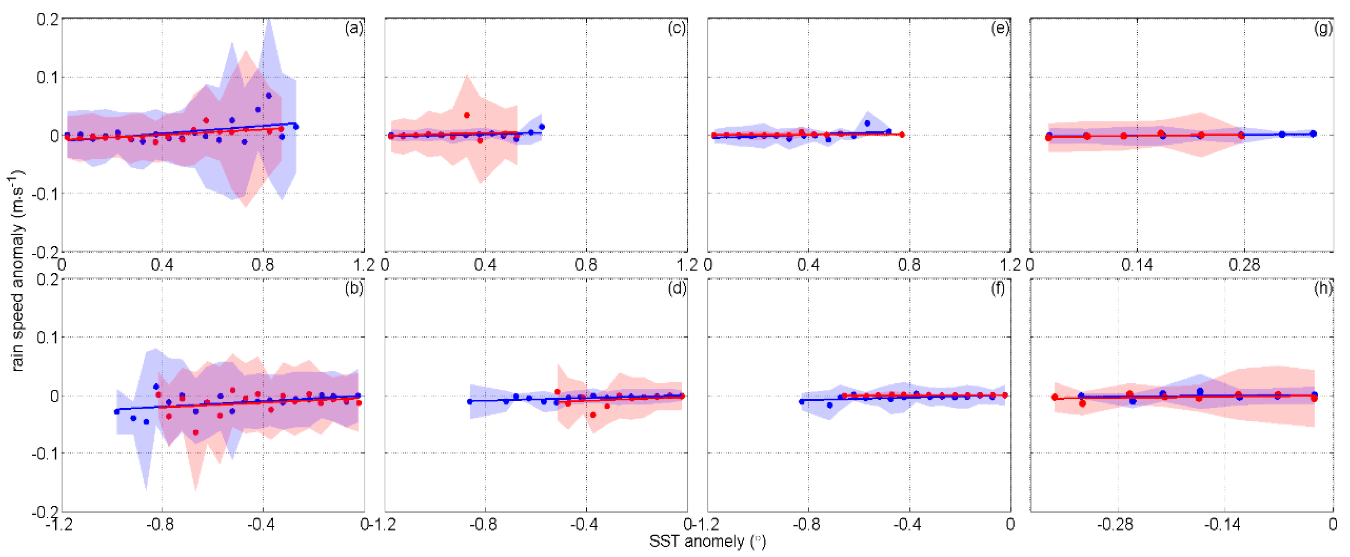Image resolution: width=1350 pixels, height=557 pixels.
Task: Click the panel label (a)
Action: click(354, 28)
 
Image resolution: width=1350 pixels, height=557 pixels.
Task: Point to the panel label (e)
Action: click(999, 28)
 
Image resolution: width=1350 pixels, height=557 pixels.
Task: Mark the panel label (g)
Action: click(1323, 28)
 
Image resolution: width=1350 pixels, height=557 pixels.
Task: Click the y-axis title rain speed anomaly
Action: click(18, 270)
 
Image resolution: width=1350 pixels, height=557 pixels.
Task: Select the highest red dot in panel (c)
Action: click(467, 115)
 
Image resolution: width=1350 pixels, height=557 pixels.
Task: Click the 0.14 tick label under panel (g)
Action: click(1137, 265)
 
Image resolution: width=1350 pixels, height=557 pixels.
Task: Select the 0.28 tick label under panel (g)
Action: click(1244, 265)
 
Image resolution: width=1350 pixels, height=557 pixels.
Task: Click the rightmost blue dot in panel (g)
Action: click(1313, 134)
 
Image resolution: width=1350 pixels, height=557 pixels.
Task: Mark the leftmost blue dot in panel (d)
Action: click(470, 401)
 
